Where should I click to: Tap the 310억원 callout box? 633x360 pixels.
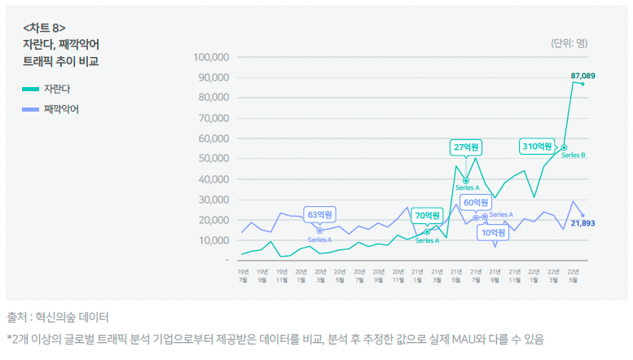(538, 147)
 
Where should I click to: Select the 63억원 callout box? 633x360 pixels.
(319, 215)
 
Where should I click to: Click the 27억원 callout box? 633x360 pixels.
(466, 147)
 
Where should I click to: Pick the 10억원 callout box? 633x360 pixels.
(493, 233)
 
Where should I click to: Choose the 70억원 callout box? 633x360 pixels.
(427, 216)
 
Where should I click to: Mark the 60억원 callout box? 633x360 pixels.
(475, 202)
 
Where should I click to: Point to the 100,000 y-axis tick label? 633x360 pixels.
(211, 57)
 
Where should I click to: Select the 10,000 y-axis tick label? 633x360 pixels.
(213, 240)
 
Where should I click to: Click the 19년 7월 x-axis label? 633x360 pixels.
(243, 275)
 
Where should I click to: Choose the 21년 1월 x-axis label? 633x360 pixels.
(416, 275)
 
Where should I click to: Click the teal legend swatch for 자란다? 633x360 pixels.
(30, 89)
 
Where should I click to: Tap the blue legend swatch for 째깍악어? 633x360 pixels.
(30, 109)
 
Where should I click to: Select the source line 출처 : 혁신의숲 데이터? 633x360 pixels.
(58, 317)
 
